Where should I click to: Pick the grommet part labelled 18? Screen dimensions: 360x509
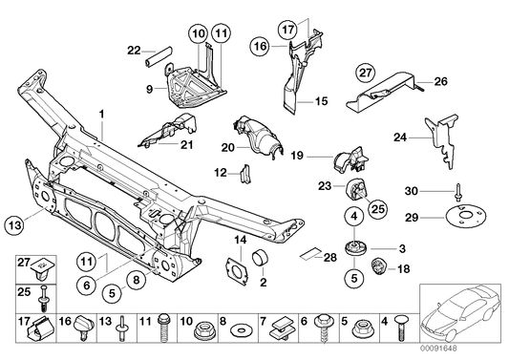click(x=376, y=265)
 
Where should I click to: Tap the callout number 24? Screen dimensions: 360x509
click(x=401, y=138)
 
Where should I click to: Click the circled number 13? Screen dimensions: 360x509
click(x=12, y=224)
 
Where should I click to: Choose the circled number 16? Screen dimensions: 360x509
click(x=261, y=45)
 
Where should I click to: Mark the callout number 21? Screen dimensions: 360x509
click(x=186, y=145)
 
